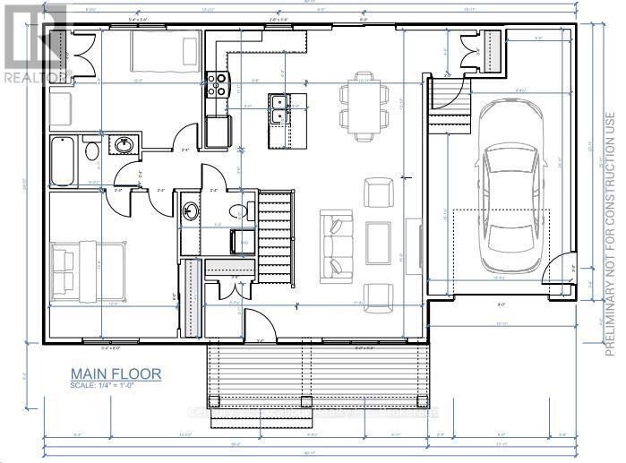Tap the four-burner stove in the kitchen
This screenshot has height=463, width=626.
pyautogui.click(x=218, y=84)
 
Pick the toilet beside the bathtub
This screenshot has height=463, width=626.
pyautogui.click(x=91, y=150)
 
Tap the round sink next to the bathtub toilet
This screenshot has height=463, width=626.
pyautogui.click(x=124, y=144)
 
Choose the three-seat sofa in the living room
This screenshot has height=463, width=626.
pyautogui.click(x=337, y=236)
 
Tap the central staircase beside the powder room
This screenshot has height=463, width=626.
pyautogui.click(x=276, y=237)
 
